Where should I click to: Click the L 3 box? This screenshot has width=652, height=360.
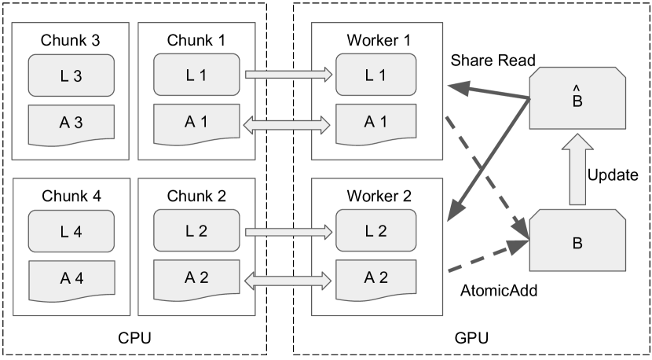[71, 75]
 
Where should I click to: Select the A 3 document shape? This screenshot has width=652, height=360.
[71, 123]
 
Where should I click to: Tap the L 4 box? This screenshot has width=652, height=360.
[71, 232]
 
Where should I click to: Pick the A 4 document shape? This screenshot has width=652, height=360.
[71, 278]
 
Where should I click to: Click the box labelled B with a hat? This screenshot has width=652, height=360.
[577, 98]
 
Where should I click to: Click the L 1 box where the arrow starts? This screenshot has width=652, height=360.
[196, 75]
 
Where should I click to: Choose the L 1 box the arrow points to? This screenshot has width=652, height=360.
[376, 75]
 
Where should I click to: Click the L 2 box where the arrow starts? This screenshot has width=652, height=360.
[196, 232]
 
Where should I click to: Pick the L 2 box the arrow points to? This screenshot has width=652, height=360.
[376, 232]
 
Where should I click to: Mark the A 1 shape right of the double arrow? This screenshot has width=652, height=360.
[376, 123]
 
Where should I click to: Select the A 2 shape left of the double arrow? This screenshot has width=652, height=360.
[196, 278]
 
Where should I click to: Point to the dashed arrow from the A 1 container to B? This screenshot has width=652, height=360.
[483, 173]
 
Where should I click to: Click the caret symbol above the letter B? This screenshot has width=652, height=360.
[577, 88]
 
